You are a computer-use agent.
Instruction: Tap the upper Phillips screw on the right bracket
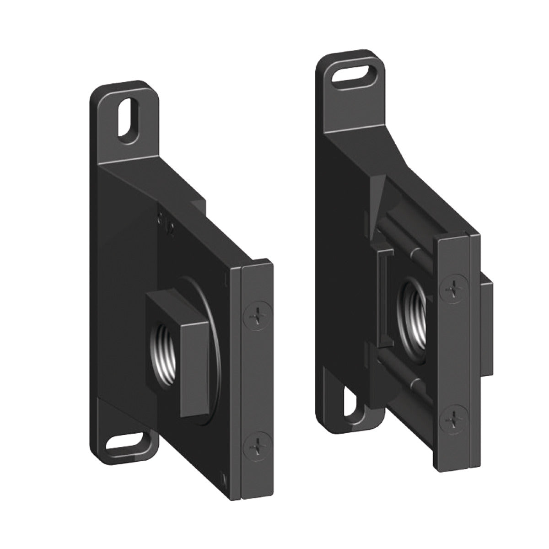[453, 289]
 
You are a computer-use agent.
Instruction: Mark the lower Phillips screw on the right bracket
[453, 417]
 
